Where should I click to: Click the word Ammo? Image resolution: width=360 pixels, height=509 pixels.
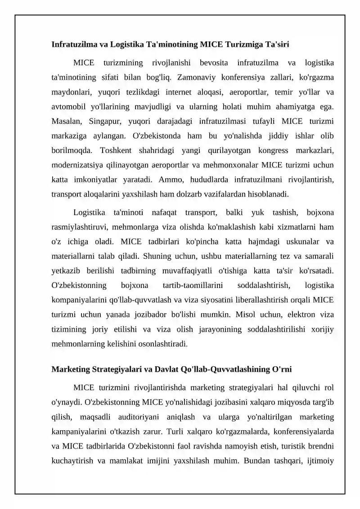pos(170,180)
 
